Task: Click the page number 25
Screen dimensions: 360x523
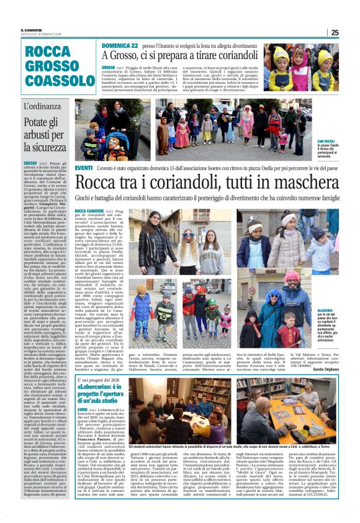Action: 335,32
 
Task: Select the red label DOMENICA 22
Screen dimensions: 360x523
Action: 120,47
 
